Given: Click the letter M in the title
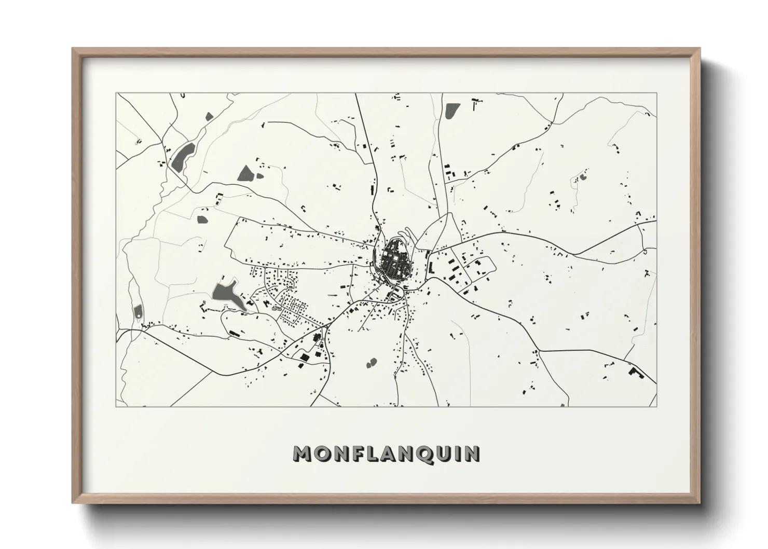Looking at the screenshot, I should point(303,454).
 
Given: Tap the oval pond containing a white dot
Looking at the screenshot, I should point(138,312).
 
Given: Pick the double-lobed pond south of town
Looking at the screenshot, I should point(372,362).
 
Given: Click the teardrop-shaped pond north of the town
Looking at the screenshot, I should point(451,111).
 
